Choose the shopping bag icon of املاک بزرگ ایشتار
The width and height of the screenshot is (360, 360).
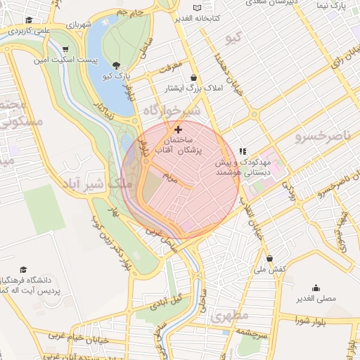coord(193,78)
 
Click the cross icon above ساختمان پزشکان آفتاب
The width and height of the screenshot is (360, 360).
coord(178,129)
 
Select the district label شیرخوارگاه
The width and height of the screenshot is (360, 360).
coord(172,111)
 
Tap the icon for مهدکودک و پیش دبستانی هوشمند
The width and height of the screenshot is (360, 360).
coord(243,150)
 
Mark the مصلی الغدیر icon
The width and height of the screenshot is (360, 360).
coord(315,288)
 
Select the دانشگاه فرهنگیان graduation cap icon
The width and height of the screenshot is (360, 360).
coord(23,270)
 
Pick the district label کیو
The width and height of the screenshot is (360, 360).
coord(232,35)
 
